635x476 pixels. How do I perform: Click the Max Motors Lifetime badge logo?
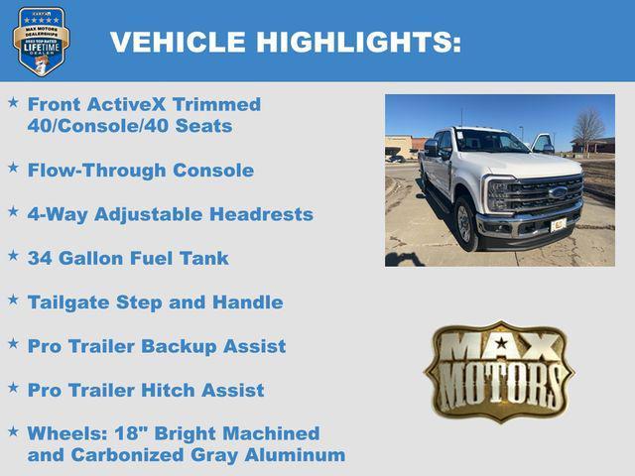(41, 41)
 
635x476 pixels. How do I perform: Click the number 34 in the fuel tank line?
(40, 258)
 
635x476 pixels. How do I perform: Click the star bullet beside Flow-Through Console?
(13, 169)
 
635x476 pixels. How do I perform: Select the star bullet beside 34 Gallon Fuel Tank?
(13, 256)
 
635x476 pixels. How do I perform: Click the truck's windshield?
(490, 142)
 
